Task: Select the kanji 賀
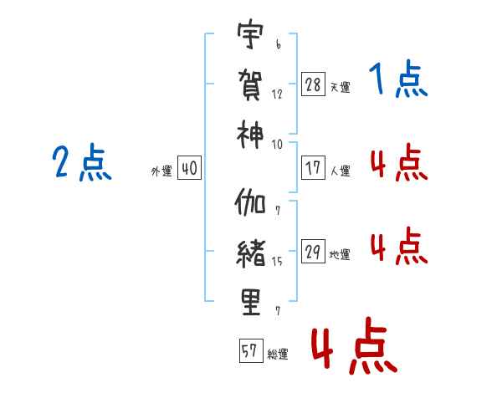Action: (250, 84)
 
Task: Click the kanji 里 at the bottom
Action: (250, 300)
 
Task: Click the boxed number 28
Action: (313, 84)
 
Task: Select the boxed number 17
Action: (313, 167)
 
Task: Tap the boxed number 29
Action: (313, 252)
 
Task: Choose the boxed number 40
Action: (189, 168)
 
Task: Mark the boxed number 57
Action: (250, 351)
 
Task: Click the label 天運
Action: (340, 87)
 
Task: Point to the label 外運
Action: (161, 171)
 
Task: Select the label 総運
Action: (278, 355)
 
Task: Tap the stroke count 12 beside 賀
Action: (277, 94)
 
